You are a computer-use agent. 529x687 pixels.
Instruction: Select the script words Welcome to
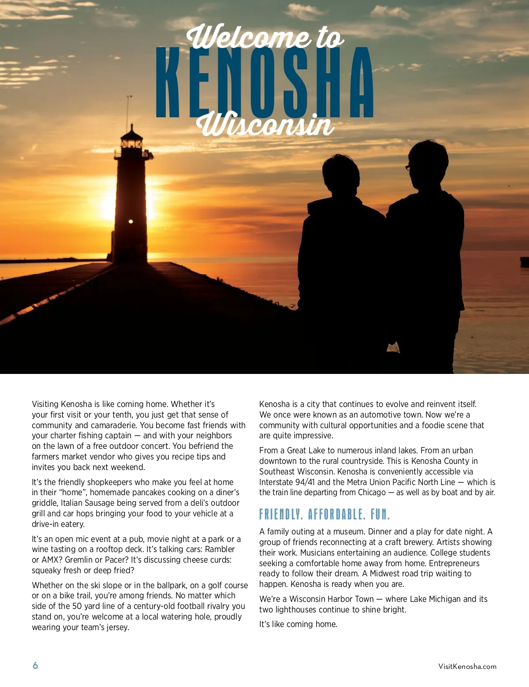pyautogui.click(x=265, y=37)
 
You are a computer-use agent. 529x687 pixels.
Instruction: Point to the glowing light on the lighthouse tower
pyautogui.click(x=130, y=221)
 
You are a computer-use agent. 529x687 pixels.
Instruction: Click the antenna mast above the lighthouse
pyautogui.click(x=128, y=110)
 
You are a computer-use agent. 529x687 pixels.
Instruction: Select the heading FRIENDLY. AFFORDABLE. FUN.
pyautogui.click(x=324, y=514)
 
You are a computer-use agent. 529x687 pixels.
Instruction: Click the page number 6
pyautogui.click(x=35, y=665)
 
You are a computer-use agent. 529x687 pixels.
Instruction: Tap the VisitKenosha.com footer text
pyautogui.click(x=467, y=666)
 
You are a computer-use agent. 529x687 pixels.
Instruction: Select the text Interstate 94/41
pyautogui.click(x=287, y=482)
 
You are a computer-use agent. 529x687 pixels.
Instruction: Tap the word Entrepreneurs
pyautogui.click(x=454, y=563)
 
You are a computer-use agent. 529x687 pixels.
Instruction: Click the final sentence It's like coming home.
pyautogui.click(x=298, y=624)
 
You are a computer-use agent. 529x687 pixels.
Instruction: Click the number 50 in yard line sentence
pyautogui.click(x=77, y=606)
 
